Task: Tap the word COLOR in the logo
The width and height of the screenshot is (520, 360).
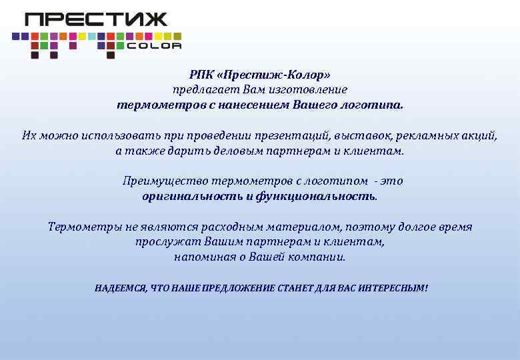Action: [154, 46]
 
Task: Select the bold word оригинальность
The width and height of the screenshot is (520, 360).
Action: [193, 197]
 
